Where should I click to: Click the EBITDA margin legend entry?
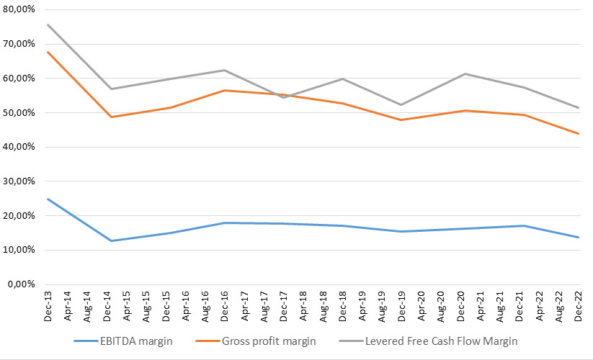[123, 341]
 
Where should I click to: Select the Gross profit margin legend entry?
[256, 341]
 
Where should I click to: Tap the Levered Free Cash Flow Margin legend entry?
[428, 341]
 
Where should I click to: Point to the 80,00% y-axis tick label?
[19, 9]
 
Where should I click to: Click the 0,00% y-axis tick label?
[22, 284]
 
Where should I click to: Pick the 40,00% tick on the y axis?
[19, 147]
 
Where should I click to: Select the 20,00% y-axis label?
[19, 216]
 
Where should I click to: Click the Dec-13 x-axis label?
[48, 306]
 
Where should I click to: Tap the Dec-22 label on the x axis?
[578, 306]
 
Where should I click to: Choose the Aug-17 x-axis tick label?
[264, 306]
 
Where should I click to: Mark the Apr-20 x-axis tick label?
[421, 306]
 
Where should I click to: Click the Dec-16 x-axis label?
[224, 306]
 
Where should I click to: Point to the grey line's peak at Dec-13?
[48, 24]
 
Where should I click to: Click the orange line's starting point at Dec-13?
[48, 52]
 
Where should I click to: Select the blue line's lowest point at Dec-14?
[111, 240]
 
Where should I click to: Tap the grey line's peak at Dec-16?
[224, 70]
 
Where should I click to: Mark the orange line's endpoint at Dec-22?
[579, 133]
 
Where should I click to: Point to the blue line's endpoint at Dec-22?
[579, 237]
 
